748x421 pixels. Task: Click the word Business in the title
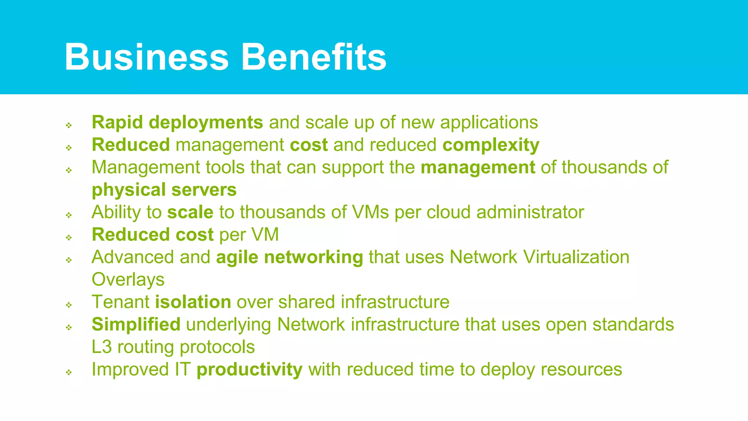146,57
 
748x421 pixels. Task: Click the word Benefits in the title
314,57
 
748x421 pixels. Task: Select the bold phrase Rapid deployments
177,122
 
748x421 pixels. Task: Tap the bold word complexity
491,145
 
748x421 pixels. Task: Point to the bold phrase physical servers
164,190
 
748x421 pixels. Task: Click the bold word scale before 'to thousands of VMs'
190,212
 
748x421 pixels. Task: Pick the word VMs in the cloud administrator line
370,212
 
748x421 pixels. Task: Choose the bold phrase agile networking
289,257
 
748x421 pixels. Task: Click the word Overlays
128,280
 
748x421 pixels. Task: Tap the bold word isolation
193,302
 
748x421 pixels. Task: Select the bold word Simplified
136,325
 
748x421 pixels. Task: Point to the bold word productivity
249,369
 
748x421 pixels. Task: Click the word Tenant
121,302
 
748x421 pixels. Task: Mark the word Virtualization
576,257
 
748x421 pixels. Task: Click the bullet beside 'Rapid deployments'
69,125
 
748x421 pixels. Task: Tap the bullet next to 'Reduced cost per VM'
69,238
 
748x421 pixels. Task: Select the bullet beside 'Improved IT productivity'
69,372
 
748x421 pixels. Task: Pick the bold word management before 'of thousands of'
478,167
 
